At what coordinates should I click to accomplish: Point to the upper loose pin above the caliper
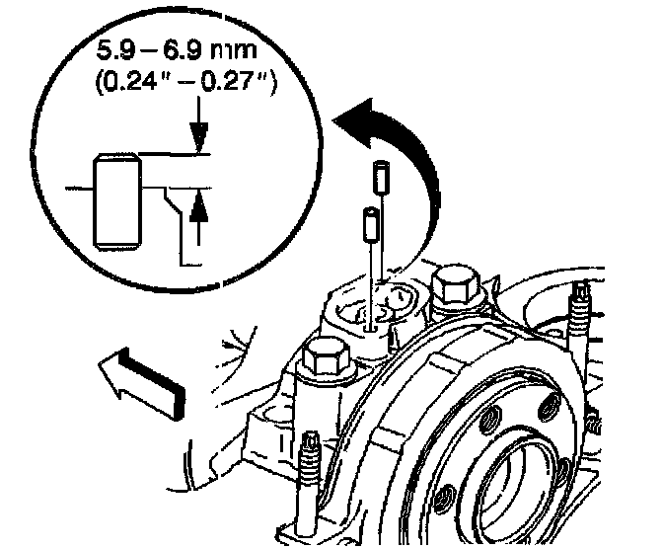(x=380, y=181)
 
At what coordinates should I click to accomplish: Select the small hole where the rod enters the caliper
(x=369, y=322)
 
